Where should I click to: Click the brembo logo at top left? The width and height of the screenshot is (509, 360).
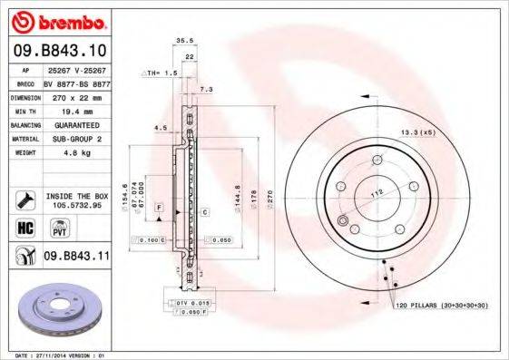(57, 20)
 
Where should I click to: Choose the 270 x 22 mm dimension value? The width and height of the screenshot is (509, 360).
(74, 95)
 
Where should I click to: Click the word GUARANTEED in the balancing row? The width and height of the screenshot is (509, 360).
(74, 124)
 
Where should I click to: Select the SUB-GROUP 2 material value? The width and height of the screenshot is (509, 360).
(74, 139)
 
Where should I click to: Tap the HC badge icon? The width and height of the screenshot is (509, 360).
(24, 228)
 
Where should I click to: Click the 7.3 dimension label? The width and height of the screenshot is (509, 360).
(206, 90)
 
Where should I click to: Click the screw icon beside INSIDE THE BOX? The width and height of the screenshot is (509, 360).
(24, 199)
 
